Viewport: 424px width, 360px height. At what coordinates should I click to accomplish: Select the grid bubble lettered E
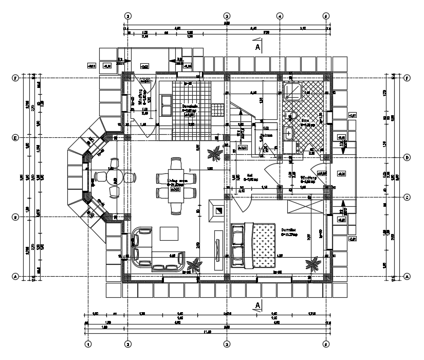pos(16,138)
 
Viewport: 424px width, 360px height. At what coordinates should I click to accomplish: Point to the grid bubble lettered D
pos(407,157)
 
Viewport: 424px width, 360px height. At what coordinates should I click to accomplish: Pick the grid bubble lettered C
pos(407,197)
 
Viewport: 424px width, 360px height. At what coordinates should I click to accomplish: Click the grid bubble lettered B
pos(16,217)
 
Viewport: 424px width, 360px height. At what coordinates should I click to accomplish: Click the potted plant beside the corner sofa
pos(194,265)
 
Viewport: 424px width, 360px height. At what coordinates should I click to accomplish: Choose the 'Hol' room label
pos(250,174)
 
